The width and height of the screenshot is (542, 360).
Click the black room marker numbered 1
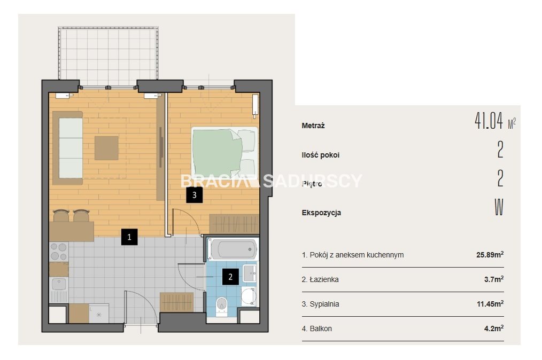coord(129,237)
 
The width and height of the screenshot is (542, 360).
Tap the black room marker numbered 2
coord(230,277)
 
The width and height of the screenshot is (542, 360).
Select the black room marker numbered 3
coord(194,195)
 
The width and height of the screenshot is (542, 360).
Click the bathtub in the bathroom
coord(233,249)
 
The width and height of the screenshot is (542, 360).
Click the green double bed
coord(224,152)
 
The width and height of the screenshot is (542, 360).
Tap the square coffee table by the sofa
coord(106,148)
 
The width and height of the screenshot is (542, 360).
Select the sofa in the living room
coord(68,148)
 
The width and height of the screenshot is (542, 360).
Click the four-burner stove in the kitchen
coord(59,252)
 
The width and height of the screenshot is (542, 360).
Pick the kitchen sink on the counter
coord(59,285)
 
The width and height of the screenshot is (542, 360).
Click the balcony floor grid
coord(109,54)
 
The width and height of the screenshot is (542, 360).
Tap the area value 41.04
coord(489,121)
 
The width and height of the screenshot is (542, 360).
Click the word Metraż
coord(313,126)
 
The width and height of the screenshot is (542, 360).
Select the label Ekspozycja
coord(321,213)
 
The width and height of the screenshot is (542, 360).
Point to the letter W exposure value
coord(499,207)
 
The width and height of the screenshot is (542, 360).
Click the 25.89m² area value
coord(490,255)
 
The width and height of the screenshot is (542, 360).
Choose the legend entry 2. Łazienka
coord(320,279)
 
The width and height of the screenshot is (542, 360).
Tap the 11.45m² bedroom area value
coord(490,304)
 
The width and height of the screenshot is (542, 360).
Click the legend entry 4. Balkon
coord(316,328)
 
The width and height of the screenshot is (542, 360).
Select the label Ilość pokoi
coord(320,155)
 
